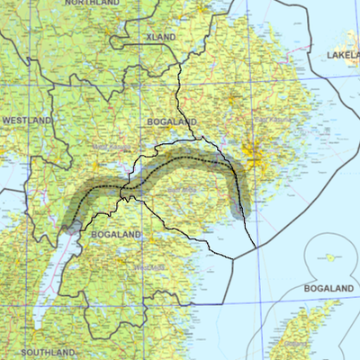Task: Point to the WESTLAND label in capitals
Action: point(26,120)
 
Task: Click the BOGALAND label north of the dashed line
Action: point(172,121)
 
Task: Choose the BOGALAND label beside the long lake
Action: point(116,234)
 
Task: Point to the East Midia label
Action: point(181,190)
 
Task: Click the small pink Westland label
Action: point(144,267)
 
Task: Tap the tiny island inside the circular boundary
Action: point(330,257)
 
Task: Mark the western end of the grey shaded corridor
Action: point(72,224)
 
